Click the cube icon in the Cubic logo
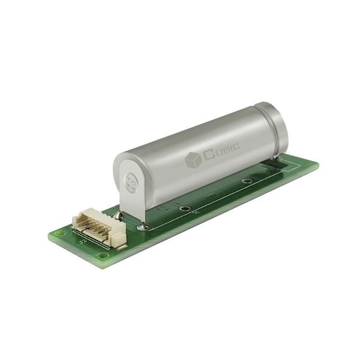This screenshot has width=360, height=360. coord(193,160)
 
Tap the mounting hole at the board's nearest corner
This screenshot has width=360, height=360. coord(103,255)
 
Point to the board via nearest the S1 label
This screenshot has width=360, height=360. coord(184,208)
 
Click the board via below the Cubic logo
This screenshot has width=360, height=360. coord(246,181)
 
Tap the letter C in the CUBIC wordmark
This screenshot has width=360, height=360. coord(208,155)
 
